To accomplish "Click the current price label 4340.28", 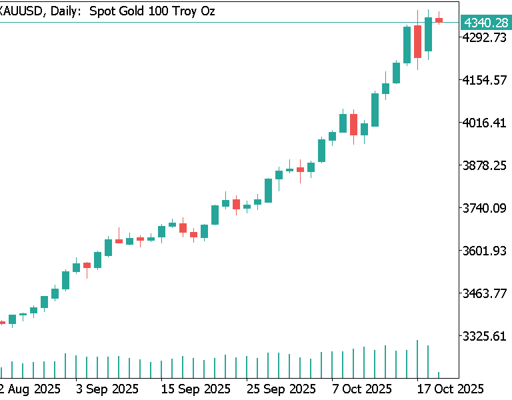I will tap(487, 23).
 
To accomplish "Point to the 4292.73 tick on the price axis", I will tap(487, 37).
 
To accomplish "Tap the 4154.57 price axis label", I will tap(487, 80).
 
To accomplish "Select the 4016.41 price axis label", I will tap(487, 123).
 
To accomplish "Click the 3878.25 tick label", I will tap(487, 165).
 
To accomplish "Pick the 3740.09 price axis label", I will tap(487, 208).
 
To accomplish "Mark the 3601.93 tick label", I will tap(487, 251).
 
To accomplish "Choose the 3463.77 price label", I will tap(487, 293).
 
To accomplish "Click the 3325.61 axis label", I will tap(487, 336).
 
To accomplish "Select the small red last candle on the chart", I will tap(439, 20).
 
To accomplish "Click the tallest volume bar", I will tap(417, 359).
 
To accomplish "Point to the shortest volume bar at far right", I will tap(439, 375).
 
